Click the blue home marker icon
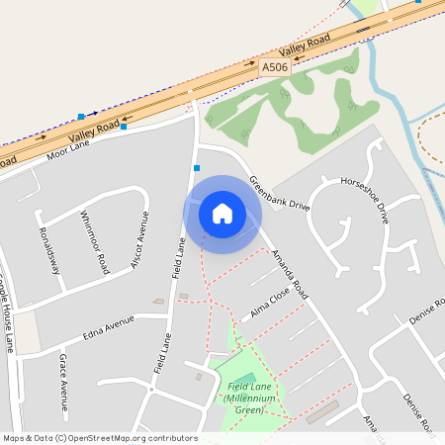click(x=222, y=213)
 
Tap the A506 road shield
click(x=274, y=66)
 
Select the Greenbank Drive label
click(x=280, y=195)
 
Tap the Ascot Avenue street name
click(x=140, y=241)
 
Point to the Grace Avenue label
click(x=63, y=382)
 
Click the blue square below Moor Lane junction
click(x=197, y=169)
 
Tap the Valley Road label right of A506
click(x=305, y=44)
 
